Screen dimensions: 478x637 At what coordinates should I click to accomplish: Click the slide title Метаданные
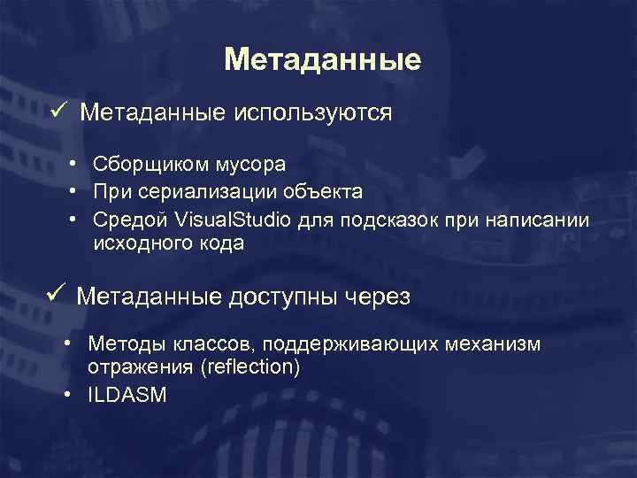click(322, 60)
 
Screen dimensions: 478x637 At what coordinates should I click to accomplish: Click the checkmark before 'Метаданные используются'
click(58, 111)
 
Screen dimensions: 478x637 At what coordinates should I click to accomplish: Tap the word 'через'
click(376, 297)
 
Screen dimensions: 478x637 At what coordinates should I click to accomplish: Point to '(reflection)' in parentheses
click(250, 367)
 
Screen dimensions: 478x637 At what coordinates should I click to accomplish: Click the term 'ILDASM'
click(127, 395)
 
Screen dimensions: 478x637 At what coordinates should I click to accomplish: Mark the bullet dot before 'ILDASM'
click(68, 394)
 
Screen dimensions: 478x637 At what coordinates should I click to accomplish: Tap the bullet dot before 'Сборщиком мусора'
click(72, 164)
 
